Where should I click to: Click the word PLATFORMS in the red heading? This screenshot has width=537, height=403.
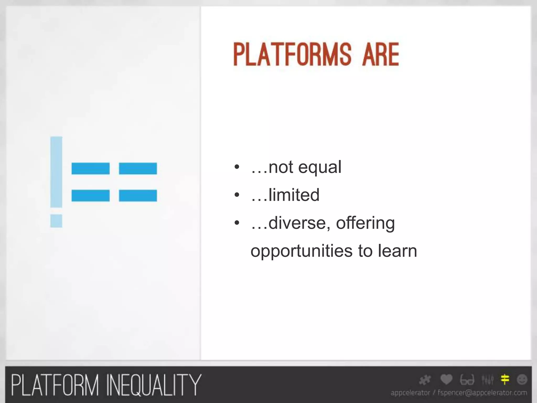(x=292, y=55)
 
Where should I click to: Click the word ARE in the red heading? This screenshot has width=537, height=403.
(x=380, y=55)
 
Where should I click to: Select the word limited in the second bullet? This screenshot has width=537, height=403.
(x=294, y=195)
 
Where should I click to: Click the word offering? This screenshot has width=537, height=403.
(x=365, y=223)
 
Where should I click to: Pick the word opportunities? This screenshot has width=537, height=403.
(x=301, y=251)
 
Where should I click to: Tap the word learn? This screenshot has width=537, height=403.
(x=397, y=251)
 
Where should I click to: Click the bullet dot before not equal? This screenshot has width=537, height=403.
(x=237, y=167)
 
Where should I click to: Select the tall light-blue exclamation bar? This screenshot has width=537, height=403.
(x=56, y=172)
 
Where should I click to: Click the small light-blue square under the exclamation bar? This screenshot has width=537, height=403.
(x=56, y=221)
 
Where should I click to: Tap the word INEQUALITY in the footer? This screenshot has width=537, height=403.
(x=154, y=385)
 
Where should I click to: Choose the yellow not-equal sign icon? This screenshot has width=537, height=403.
(x=505, y=379)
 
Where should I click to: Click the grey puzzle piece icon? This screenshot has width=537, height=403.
(x=425, y=380)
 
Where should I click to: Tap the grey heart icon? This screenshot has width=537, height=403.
(x=446, y=379)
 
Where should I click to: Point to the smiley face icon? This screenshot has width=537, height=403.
(x=522, y=379)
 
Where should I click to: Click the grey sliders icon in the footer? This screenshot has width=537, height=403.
(x=487, y=379)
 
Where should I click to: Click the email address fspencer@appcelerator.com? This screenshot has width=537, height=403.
(x=482, y=393)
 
